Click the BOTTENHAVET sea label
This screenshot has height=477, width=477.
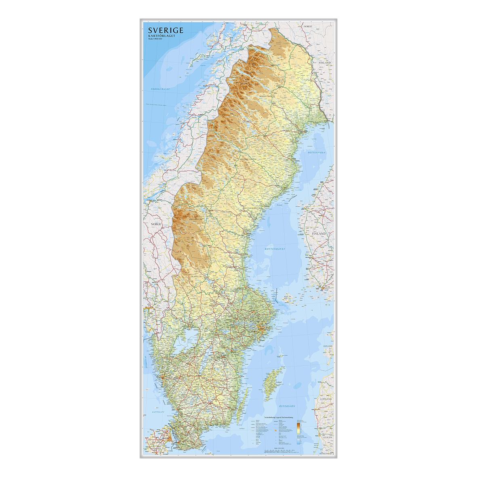275,249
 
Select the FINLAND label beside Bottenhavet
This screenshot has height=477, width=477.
319,233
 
